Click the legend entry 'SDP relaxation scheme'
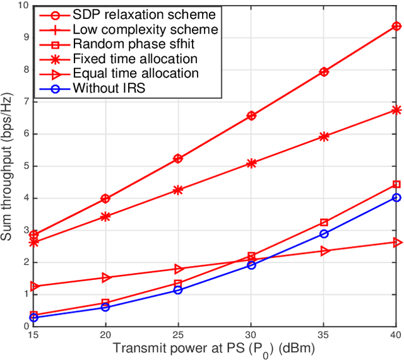145,14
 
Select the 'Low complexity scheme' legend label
145,29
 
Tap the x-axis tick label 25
178,335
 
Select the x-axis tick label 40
396,335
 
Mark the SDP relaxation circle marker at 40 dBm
396,26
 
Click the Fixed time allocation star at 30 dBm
251,163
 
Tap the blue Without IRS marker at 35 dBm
324,233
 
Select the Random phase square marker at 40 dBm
396,184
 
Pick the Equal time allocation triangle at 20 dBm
105,277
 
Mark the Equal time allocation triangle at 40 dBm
396,242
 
